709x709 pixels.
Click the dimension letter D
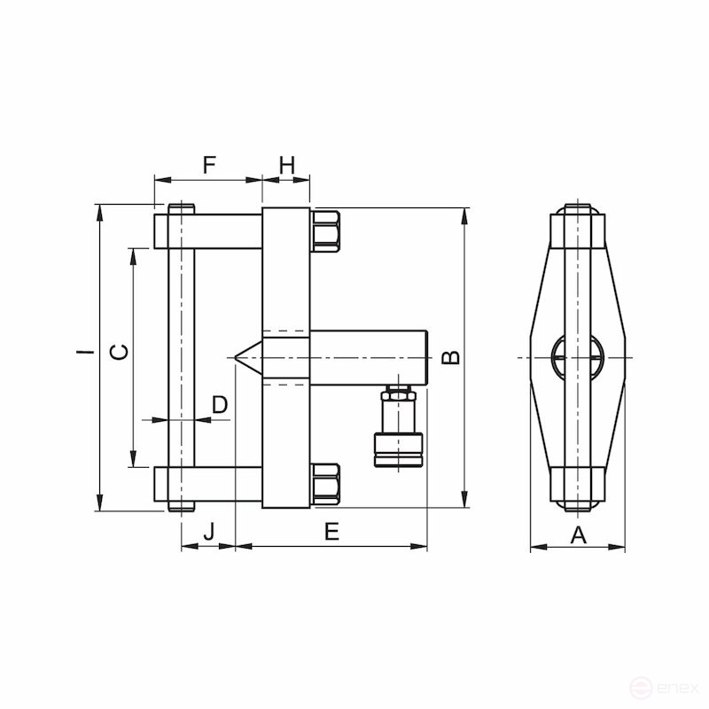(220, 405)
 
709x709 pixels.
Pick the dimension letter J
(209, 532)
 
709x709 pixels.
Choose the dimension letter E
(331, 532)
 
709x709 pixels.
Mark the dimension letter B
(451, 357)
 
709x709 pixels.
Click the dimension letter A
(578, 534)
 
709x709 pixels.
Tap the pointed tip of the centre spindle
(238, 357)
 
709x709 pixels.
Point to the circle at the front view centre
(577, 358)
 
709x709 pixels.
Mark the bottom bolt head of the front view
(578, 504)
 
